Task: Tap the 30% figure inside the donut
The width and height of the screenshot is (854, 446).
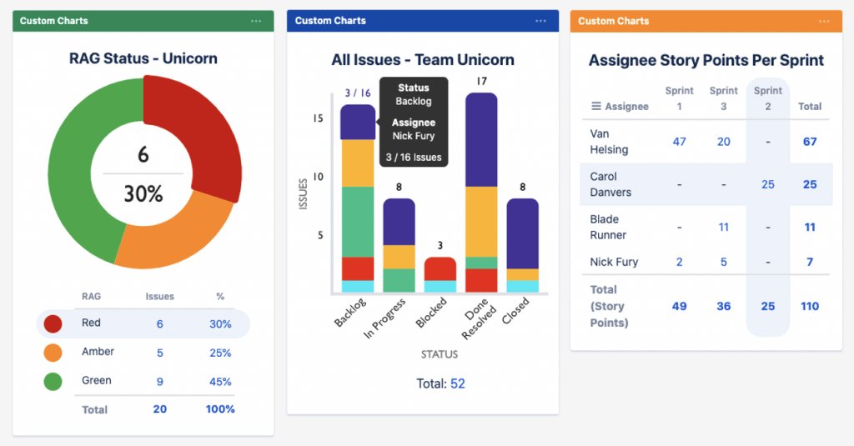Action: (143, 193)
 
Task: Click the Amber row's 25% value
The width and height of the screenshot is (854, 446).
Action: (220, 353)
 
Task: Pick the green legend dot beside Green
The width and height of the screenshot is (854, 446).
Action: (53, 382)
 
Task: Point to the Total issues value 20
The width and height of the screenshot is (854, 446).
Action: (160, 409)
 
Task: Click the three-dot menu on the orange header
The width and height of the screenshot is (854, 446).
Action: (824, 21)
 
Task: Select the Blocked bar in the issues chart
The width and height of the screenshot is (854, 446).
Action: (440, 268)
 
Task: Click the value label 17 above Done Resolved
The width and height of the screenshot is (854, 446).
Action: (481, 82)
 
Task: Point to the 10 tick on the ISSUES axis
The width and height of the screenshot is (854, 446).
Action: (317, 177)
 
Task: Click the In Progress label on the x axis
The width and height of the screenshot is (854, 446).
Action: (384, 318)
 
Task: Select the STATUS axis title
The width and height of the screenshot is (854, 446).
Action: (440, 354)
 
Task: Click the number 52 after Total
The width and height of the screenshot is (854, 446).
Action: (458, 383)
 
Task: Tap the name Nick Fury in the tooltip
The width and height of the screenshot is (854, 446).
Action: (414, 136)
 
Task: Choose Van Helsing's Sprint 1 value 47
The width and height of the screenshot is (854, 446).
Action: (679, 142)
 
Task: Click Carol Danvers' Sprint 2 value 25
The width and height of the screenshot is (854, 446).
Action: (768, 184)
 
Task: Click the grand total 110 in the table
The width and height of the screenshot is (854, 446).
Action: (810, 306)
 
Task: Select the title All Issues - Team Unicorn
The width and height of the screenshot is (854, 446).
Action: (423, 60)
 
